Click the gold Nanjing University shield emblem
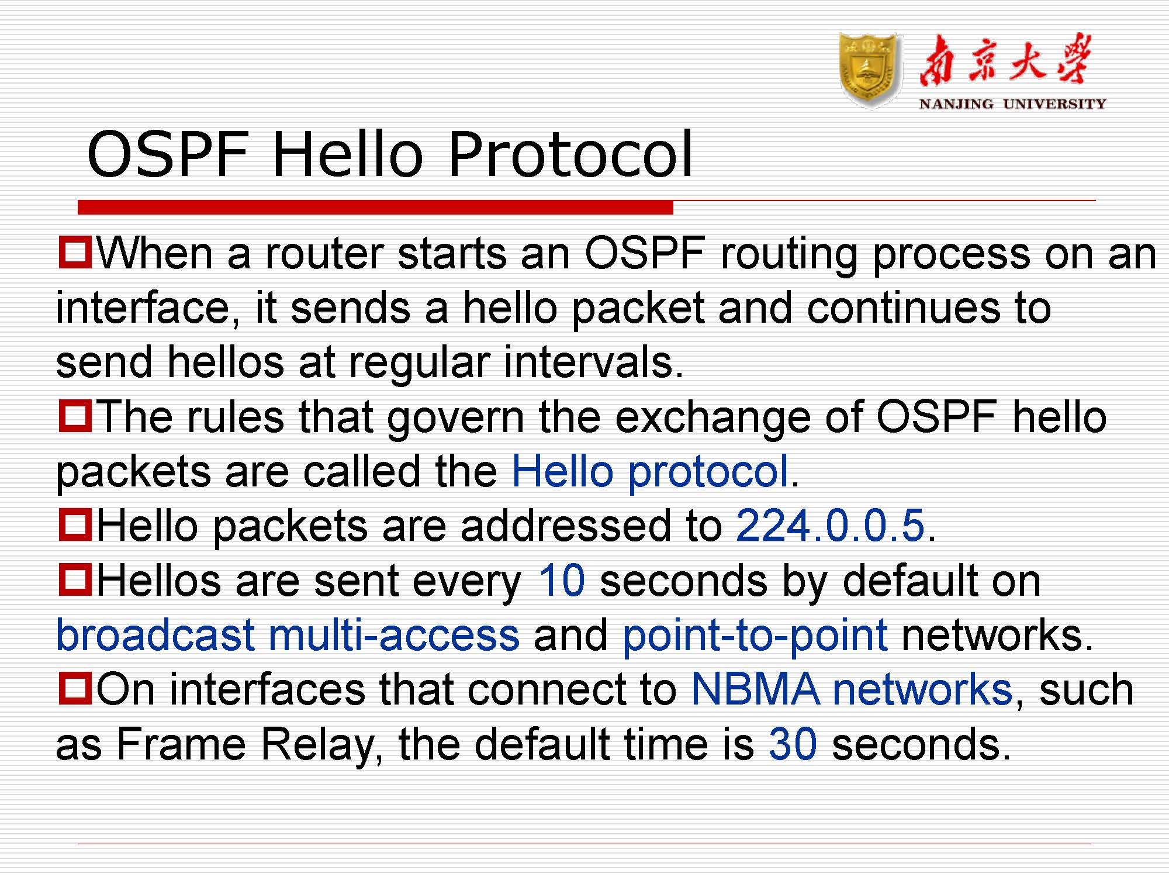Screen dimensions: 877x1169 tap(869, 70)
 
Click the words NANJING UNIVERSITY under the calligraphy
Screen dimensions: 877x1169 tap(1012, 104)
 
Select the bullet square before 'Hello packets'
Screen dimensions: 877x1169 tap(75, 524)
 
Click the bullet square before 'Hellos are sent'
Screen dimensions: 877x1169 tap(75, 579)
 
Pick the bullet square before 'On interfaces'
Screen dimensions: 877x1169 tap(75, 688)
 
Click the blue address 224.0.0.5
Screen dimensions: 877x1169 tap(830, 525)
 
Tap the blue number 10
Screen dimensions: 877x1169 tap(561, 580)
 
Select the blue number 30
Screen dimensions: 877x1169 tap(793, 744)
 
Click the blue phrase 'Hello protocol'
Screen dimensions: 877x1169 tap(650, 471)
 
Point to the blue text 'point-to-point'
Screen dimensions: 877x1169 tap(755, 635)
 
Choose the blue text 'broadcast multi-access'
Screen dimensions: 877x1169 tap(288, 635)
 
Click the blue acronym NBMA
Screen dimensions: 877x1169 tap(755, 689)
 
